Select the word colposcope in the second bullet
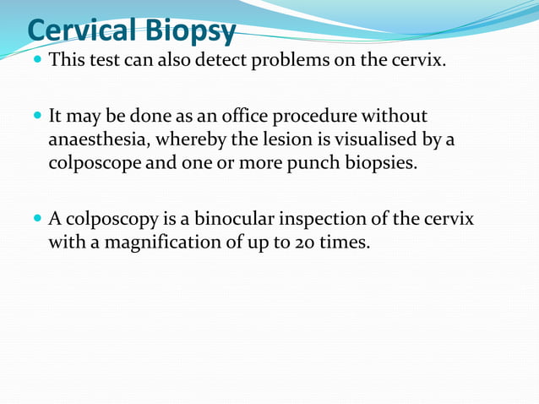click(88, 162)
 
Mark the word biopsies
click(375, 162)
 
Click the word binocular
click(233, 219)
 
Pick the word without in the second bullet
click(398, 116)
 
